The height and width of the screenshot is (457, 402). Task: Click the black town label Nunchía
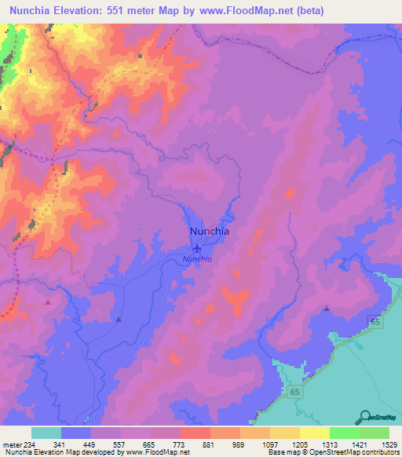point(210,232)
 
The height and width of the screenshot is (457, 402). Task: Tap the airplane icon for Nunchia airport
point(197,250)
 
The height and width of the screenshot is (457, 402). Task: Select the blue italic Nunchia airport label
point(197,260)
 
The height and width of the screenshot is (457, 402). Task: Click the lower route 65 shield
point(295,391)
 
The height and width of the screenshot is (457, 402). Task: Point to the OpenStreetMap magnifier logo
point(364,417)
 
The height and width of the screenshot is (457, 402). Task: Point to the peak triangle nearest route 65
point(326,309)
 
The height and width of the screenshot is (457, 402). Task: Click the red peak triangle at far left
point(48,302)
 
